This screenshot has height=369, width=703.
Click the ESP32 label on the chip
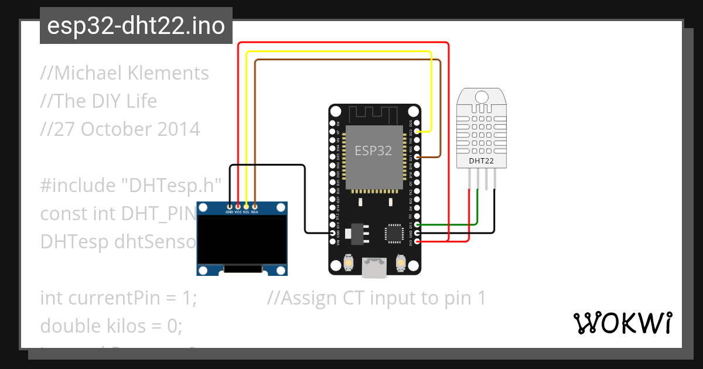pos(373,151)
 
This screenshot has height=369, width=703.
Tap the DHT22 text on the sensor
pos(481,160)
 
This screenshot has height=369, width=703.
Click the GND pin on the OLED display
pos(230,206)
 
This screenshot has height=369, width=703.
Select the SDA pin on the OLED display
pos(254,206)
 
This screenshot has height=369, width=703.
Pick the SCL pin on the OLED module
pos(246,206)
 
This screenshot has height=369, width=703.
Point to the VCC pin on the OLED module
pos(238,206)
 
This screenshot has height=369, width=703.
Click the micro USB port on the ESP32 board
pos(374,268)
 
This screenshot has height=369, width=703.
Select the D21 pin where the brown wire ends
pos(417,157)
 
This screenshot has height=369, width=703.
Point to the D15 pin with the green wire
pos(417,224)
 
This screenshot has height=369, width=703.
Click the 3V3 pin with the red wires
pos(417,241)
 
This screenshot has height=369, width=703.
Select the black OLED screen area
pos(242,238)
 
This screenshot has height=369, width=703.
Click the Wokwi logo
pos(622,323)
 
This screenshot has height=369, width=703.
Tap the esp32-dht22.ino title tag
pos(136,26)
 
